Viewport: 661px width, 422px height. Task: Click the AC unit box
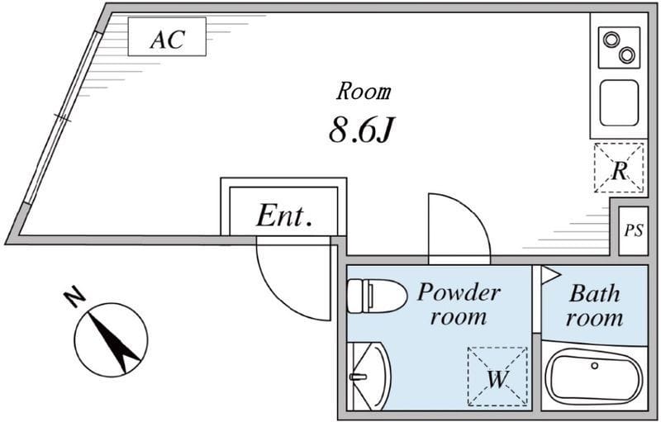pos(166,39)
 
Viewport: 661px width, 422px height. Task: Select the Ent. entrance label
pos(283,216)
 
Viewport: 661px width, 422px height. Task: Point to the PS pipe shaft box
pos(633,230)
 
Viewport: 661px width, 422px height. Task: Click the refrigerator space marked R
pos(619,168)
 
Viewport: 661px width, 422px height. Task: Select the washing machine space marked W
pos(497,377)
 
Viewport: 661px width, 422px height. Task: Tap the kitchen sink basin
pos(618,102)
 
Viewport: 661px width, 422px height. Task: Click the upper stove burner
pos(612,39)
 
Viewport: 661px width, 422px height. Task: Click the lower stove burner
pos(626,55)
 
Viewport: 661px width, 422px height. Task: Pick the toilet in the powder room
pos(374,295)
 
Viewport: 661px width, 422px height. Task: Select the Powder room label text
pos(458,304)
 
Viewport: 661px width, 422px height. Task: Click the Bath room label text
pos(595,305)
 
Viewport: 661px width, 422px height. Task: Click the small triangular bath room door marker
pos(551,275)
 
